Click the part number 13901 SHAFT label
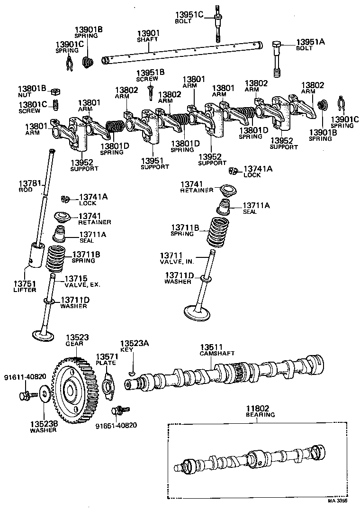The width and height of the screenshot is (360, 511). (148, 36)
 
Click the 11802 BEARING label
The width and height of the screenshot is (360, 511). (260, 411)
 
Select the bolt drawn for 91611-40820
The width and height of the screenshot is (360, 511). (25, 395)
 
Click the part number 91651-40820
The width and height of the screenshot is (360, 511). (117, 425)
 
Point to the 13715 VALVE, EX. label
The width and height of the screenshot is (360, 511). (82, 282)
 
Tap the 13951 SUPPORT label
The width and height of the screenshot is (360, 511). (154, 164)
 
